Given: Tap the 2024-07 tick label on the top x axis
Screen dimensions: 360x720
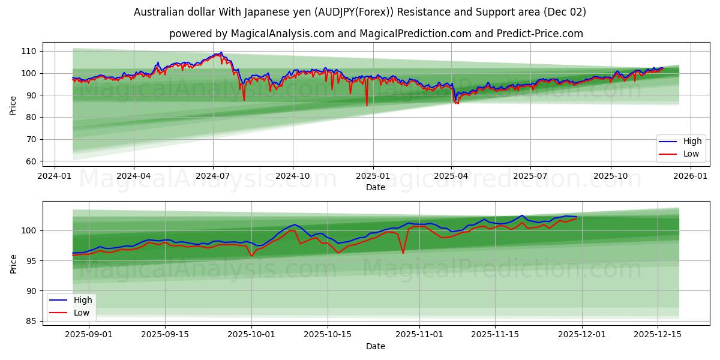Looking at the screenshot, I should [213, 176].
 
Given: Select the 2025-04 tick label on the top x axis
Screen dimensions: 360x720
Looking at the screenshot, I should [451, 176].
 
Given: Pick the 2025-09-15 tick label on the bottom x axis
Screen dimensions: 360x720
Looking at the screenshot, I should [164, 335].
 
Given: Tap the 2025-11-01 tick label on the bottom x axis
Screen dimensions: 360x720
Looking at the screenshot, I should [419, 335].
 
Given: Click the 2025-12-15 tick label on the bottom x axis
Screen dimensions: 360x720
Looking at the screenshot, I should [658, 335].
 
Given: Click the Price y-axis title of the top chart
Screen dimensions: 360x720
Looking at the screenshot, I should [13, 105].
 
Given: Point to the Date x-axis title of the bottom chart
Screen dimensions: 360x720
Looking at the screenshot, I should [376, 346].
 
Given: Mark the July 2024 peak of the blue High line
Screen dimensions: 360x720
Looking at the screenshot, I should [221, 52].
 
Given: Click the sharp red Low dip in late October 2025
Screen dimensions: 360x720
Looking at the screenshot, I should [403, 253].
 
